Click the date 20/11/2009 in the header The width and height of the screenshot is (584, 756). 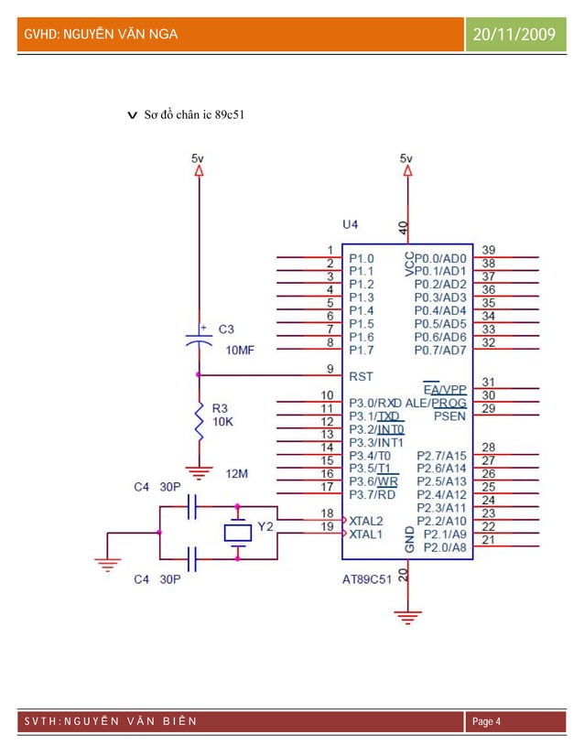pyautogui.click(x=516, y=35)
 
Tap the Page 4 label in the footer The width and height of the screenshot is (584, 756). pyautogui.click(x=485, y=722)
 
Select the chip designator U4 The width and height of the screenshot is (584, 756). pyautogui.click(x=351, y=223)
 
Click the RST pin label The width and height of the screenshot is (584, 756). pyautogui.click(x=361, y=376)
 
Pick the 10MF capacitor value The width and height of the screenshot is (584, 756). pyautogui.click(x=240, y=350)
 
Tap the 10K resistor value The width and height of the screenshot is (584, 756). pyautogui.click(x=223, y=423)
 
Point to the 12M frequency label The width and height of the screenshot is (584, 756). pyautogui.click(x=238, y=473)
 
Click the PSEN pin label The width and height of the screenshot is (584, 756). pyautogui.click(x=449, y=416)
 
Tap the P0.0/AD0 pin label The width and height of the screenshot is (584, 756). pyautogui.click(x=440, y=259)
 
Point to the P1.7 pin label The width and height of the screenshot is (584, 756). pyautogui.click(x=361, y=350)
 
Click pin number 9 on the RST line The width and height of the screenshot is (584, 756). pyautogui.click(x=330, y=368)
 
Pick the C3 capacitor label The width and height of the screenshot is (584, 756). pyautogui.click(x=226, y=329)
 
